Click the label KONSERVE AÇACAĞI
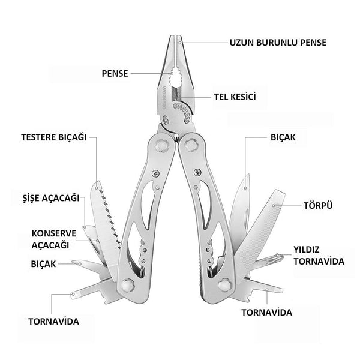52,238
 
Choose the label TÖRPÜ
321,205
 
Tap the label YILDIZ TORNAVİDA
319,255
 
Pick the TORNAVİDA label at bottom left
53,321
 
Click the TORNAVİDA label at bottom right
266,313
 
